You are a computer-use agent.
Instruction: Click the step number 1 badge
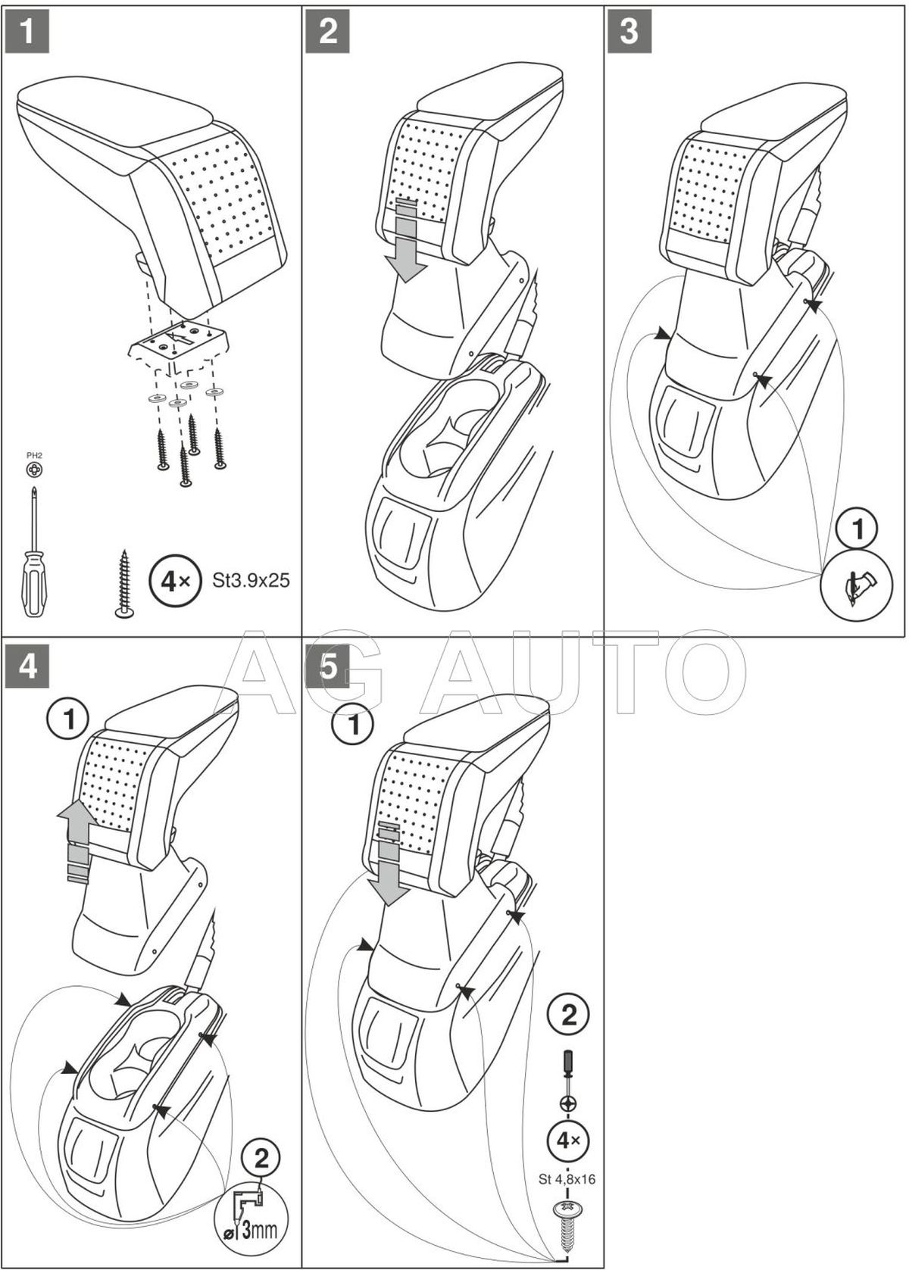27,32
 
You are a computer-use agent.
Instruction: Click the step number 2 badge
328,32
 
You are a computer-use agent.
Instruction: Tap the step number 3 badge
629,32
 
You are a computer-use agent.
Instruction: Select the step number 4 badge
27,667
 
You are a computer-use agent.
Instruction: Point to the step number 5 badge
328,667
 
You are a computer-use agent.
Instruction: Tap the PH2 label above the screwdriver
35,455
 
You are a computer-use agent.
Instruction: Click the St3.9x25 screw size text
251,581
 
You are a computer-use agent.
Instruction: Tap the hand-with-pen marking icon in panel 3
857,585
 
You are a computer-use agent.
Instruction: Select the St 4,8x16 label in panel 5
567,1178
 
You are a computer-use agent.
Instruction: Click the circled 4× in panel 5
568,1140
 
